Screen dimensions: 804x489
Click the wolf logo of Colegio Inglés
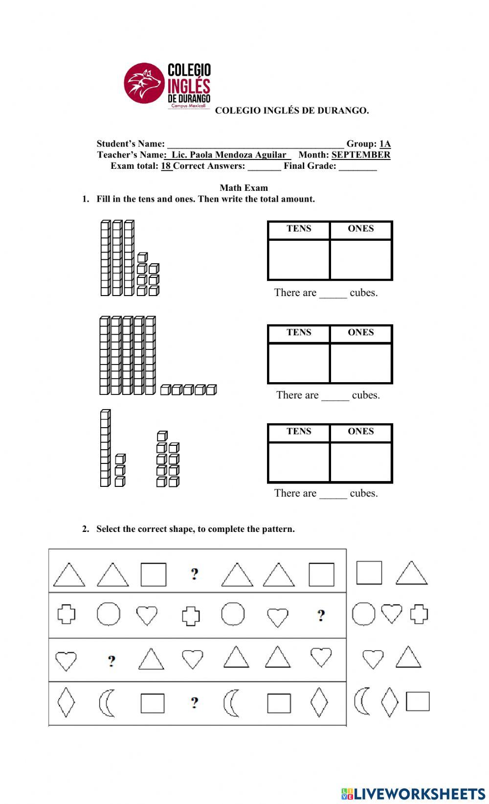(143, 83)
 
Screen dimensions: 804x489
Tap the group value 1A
(385, 144)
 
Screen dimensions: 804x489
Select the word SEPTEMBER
(361, 155)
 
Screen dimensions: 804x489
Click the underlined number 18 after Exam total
(166, 166)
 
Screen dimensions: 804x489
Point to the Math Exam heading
(244, 188)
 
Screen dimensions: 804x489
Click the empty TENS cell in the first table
(299, 259)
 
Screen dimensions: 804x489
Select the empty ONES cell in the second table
(361, 363)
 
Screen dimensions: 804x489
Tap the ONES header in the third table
(361, 432)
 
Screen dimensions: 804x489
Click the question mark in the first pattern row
(195, 574)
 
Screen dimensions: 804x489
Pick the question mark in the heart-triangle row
(111, 661)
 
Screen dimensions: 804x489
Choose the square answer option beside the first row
(369, 573)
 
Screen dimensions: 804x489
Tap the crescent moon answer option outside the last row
(362, 701)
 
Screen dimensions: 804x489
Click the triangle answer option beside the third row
(408, 657)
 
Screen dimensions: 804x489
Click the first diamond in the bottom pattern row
(66, 702)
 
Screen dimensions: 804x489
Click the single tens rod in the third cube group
(105, 448)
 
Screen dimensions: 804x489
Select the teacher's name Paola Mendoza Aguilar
(229, 155)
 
